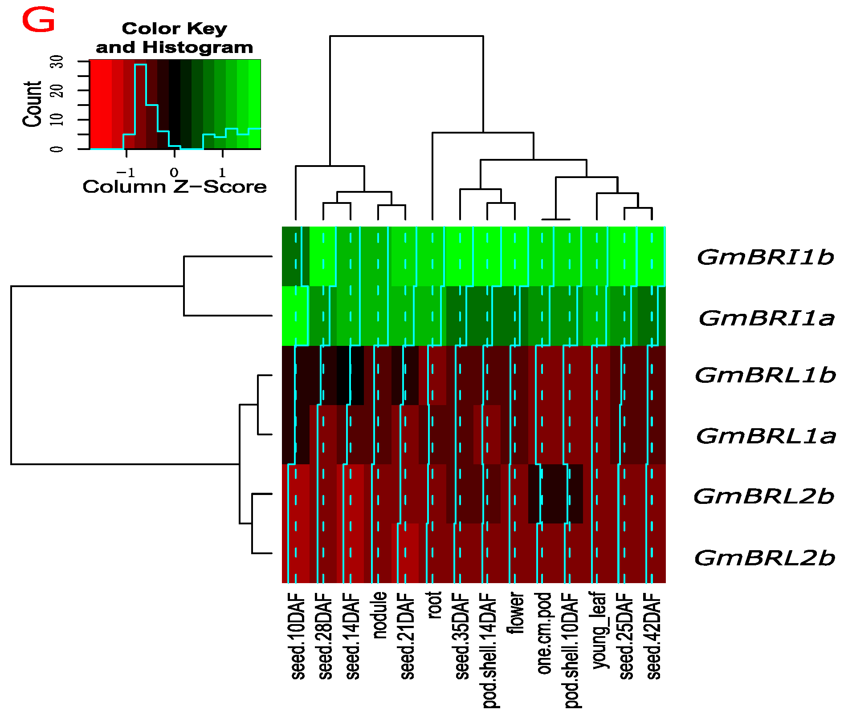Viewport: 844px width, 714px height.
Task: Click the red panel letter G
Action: pyautogui.click(x=38, y=21)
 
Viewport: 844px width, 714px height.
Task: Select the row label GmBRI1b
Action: pyautogui.click(x=765, y=257)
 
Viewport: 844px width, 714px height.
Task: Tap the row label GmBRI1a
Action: pyautogui.click(x=766, y=318)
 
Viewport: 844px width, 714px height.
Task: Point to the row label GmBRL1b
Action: pyautogui.click(x=765, y=375)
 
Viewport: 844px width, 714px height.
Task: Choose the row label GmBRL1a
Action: pyautogui.click(x=766, y=436)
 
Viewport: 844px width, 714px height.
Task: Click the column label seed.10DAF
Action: pyautogui.click(x=298, y=636)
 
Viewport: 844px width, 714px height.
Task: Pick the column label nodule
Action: pyautogui.click(x=379, y=615)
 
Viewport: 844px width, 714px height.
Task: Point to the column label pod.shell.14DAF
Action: pyautogui.click(x=489, y=650)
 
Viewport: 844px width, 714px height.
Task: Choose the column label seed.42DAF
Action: pyautogui.click(x=653, y=636)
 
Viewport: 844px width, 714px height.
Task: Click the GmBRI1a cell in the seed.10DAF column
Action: pyautogui.click(x=295, y=316)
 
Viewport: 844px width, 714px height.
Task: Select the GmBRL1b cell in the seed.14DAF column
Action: pyautogui.click(x=350, y=375)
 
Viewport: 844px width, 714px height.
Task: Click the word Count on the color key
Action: pyautogui.click(x=32, y=104)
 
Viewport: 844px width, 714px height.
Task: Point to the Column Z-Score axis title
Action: pyautogui.click(x=175, y=187)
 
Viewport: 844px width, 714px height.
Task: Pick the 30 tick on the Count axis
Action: pyautogui.click(x=57, y=61)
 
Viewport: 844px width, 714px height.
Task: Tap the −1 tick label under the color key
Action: pyautogui.click(x=126, y=172)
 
